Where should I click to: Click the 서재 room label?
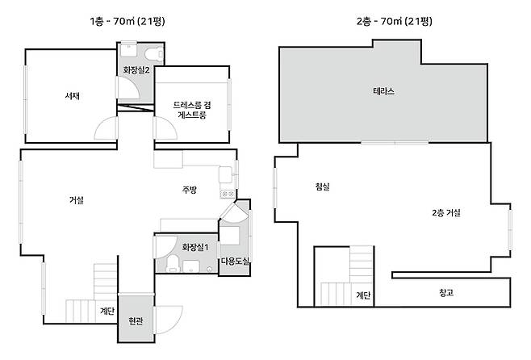pos(73,96)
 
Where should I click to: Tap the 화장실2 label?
pos(136,70)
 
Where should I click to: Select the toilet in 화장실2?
pos(154,54)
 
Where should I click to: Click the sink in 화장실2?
pos(128,50)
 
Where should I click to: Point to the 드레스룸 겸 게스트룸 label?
pos(192,110)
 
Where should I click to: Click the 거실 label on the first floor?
pos(76,200)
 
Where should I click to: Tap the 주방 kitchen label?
pos(190,190)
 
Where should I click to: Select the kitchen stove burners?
pos(228,194)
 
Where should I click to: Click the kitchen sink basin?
pos(225,174)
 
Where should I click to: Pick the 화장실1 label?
pos(195,247)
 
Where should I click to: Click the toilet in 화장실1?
pos(173,263)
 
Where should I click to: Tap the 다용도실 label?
pos(236,261)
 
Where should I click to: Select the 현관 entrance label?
pos(136,320)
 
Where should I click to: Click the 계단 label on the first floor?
pos(107,311)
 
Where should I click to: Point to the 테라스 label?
pos(383,91)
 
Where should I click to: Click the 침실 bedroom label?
pos(323,186)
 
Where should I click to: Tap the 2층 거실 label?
pos(446,212)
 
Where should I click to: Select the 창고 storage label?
pos(446,292)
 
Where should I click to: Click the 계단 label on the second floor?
pos(363,295)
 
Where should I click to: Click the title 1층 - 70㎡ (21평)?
pos(128,21)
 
